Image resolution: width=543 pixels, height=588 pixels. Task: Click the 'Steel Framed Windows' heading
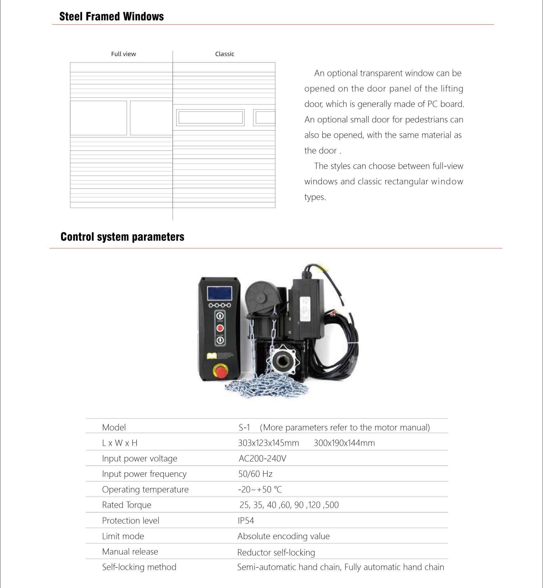coord(111,17)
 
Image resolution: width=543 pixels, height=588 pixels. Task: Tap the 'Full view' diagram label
coord(124,54)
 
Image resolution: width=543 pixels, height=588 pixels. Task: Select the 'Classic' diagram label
coord(225,54)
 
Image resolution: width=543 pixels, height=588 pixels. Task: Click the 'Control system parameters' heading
coord(122,237)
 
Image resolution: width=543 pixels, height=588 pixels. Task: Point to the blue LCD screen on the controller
coord(220,294)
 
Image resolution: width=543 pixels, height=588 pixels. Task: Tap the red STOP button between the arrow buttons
coord(220,328)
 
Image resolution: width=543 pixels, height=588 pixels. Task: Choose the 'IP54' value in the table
coord(246,521)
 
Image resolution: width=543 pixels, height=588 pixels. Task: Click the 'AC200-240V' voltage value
coord(262,458)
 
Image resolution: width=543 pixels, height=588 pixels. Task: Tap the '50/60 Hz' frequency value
coord(255,474)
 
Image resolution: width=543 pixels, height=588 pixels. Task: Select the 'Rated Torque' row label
coord(127,505)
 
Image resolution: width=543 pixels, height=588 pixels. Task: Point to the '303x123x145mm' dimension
coord(268,443)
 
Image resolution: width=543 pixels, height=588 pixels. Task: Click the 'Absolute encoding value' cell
coord(283,536)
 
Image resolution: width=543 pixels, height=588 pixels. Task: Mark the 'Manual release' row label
coord(130,552)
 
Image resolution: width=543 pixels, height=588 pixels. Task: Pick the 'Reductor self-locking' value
coord(276,552)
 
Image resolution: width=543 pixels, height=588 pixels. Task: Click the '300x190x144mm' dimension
coord(344,443)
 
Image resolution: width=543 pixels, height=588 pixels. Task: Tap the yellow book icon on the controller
coord(212,356)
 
